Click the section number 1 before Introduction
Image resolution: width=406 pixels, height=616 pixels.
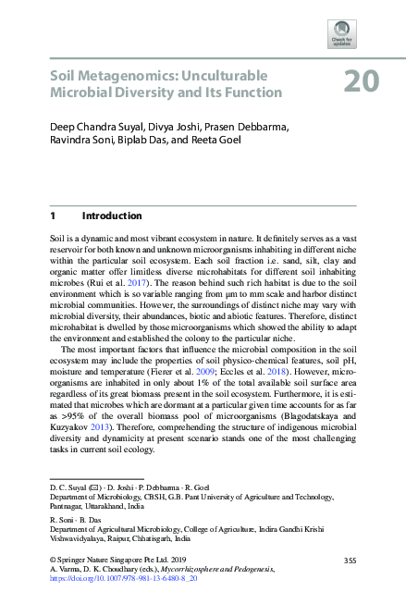tap(54, 216)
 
